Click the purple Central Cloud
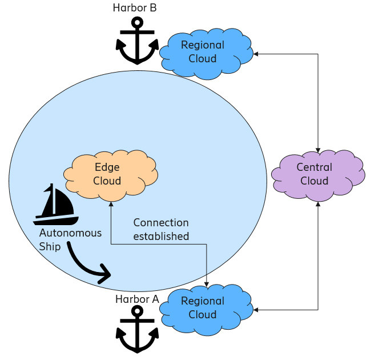pos(317,174)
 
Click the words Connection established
pos(161,229)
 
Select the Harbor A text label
pos(137,299)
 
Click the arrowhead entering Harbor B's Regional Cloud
pos(256,54)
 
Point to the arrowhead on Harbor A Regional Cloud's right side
pos(256,310)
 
